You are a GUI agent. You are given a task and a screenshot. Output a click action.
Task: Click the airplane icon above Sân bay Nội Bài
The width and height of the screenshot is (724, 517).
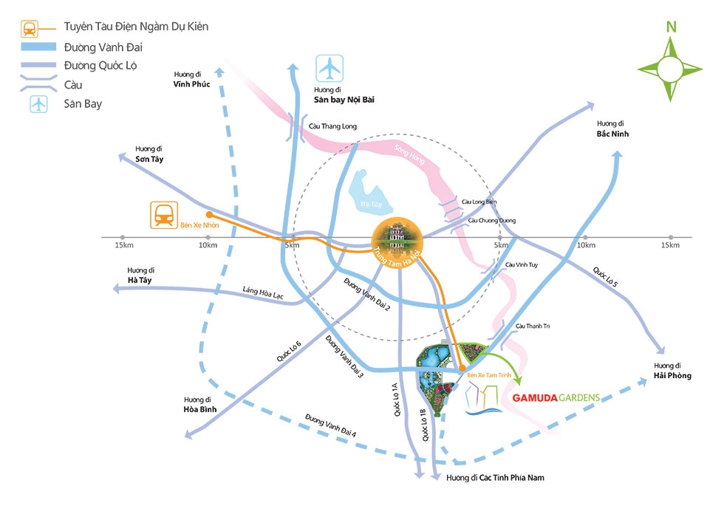[x=330, y=69]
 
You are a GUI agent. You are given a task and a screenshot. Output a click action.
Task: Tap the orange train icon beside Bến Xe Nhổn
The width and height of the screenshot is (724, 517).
[x=163, y=214]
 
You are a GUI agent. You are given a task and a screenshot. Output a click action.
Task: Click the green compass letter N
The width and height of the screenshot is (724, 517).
[x=671, y=27]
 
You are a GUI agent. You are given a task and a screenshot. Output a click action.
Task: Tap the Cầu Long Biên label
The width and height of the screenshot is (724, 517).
[x=479, y=202]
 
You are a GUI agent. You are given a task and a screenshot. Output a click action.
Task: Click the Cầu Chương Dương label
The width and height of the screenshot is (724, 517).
[x=491, y=220]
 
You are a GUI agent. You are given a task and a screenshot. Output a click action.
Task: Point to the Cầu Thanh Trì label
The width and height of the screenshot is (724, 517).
[x=533, y=326]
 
